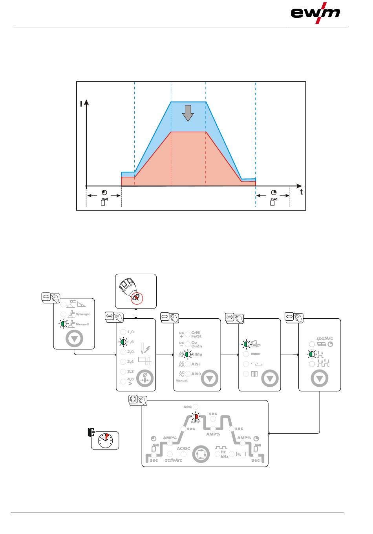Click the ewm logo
coord(315,13)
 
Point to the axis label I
coord(81,104)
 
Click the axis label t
coord(302,193)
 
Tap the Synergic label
coord(83,314)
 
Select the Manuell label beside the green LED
coord(82,325)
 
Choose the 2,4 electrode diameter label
coord(130,362)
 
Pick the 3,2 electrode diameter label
coord(130,371)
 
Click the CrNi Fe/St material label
coord(196,334)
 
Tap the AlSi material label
coord(196,364)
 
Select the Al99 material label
coord(196,374)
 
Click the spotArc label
coord(325,338)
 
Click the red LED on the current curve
coord(195,417)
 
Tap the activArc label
coord(173,460)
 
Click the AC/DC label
coord(183,448)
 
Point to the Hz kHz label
coord(224,454)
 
